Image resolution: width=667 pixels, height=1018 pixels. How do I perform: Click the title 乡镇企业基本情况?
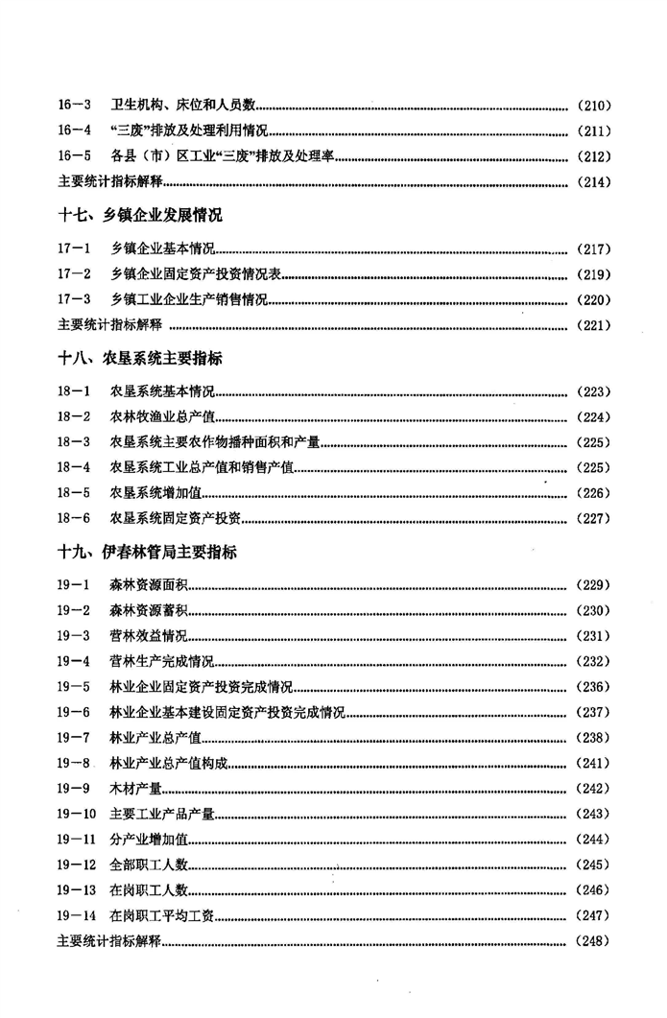[x=162, y=249]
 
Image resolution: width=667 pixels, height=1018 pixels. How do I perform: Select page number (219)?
[x=593, y=274]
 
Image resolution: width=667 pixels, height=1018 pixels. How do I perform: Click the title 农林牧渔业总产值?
[x=162, y=416]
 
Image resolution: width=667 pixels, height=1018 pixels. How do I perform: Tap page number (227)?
[x=593, y=518]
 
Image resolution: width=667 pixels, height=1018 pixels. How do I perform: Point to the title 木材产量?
[x=135, y=789]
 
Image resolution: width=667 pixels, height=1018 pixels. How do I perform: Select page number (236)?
[x=593, y=687]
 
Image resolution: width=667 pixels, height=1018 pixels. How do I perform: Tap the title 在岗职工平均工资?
[x=162, y=915]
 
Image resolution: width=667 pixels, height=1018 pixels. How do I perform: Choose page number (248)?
[x=593, y=941]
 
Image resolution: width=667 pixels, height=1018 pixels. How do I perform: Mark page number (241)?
[x=593, y=763]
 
